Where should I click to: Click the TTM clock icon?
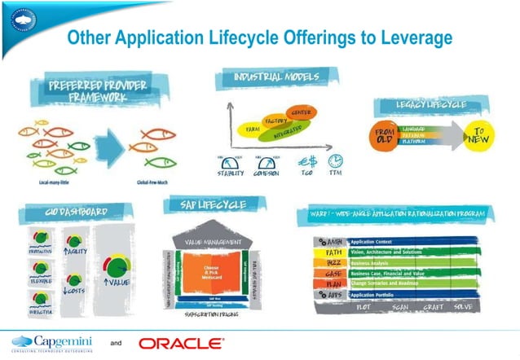[334, 160]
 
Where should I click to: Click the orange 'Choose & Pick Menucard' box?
[211, 274]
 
